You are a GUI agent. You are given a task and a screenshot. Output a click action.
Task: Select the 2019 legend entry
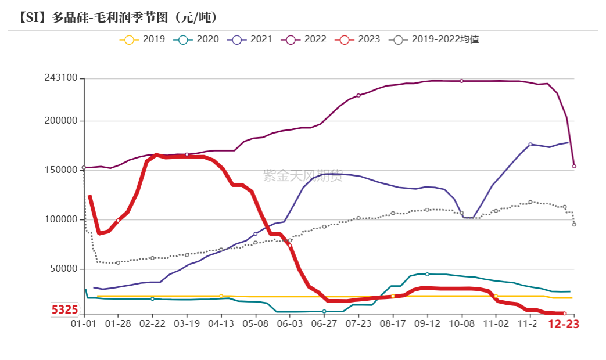tap(142, 39)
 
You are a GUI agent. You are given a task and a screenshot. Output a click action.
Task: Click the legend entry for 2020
tap(196, 39)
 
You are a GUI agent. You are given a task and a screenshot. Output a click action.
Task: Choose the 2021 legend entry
tap(250, 39)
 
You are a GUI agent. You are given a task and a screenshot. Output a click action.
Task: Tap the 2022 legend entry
tap(304, 39)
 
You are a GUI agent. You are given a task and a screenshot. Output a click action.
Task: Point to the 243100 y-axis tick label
tap(61, 78)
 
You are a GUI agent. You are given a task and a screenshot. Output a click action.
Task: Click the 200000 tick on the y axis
tap(61, 121)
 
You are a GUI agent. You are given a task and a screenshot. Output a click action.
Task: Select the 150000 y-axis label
tap(61, 170)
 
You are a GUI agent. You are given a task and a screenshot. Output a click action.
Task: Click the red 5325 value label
tap(64, 310)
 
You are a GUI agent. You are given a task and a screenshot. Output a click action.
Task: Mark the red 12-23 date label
tap(564, 325)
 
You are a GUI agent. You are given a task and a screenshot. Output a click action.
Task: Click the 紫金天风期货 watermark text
tap(303, 176)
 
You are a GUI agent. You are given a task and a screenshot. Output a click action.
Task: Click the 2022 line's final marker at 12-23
tap(574, 166)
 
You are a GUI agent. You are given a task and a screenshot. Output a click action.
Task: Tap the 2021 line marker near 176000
tap(530, 144)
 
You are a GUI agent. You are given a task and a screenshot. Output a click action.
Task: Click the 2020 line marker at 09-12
tap(427, 274)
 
